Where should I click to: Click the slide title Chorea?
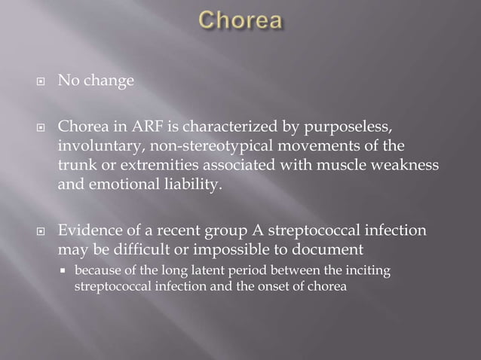pos(240,21)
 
